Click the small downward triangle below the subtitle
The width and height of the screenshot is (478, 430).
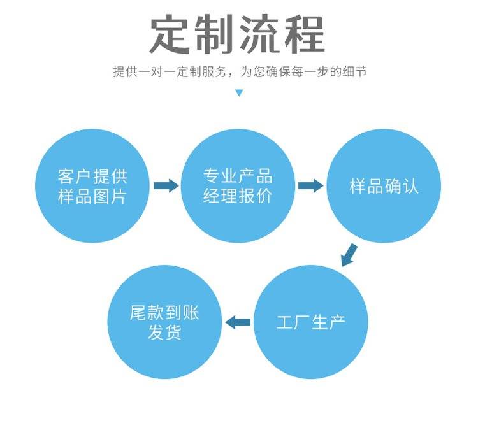pyautogui.click(x=239, y=93)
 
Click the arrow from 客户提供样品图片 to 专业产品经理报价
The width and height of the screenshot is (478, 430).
pyautogui.click(x=166, y=186)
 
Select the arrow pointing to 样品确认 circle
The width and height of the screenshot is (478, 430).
pyautogui.click(x=311, y=186)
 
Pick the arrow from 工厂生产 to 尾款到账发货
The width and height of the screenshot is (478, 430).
pyautogui.click(x=239, y=322)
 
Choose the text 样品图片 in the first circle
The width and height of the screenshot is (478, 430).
pyautogui.click(x=92, y=197)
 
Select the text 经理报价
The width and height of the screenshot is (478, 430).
pyautogui.click(x=238, y=197)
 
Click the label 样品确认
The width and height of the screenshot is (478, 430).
pyautogui.click(x=384, y=187)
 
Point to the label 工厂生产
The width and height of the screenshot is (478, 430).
pyautogui.click(x=311, y=322)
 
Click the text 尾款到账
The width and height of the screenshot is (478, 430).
pyautogui.click(x=164, y=313)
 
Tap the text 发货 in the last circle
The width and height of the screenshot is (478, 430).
pyautogui.click(x=164, y=333)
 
